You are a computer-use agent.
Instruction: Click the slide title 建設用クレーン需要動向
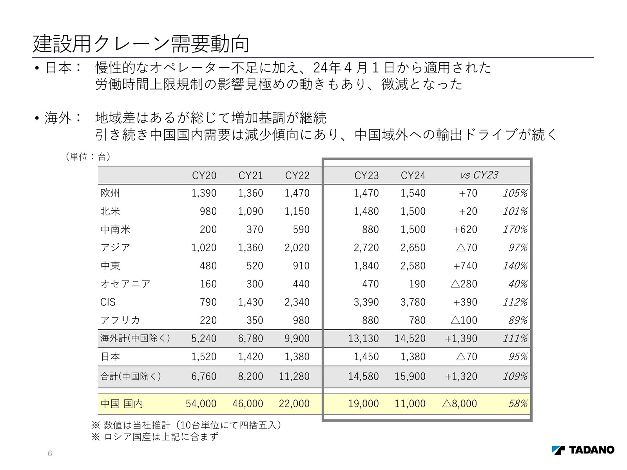coord(141,44)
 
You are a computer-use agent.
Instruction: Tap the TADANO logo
coord(583,450)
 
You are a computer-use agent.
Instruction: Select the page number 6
coord(50,454)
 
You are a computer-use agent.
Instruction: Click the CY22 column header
coord(297,175)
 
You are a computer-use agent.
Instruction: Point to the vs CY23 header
coord(479,175)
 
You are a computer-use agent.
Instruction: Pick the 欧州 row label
coord(110,193)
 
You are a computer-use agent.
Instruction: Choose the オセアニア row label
coord(125,284)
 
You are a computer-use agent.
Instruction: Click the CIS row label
coord(108,302)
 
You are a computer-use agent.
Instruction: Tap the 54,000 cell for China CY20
coord(201,404)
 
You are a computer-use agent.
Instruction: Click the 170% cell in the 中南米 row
coord(515,230)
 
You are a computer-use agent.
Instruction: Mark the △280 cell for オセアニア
coord(464,284)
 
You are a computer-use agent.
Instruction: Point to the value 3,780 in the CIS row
coord(413,302)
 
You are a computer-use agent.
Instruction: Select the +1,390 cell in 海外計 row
coord(461,338)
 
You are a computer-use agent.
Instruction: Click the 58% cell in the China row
coord(518,404)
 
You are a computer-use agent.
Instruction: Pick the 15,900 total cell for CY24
coord(410,376)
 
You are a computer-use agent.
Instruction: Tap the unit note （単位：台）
coord(88,157)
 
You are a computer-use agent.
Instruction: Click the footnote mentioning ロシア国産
coord(155,437)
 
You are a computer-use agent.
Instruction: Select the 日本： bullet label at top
coord(63,68)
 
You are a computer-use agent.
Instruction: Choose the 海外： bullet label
coord(63,118)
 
